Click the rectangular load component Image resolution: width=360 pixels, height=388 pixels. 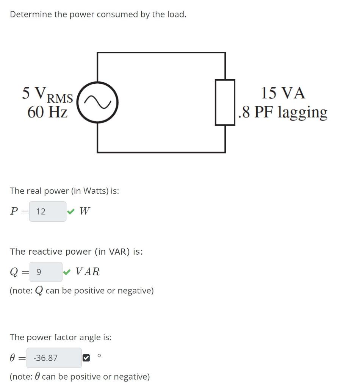pos(225,102)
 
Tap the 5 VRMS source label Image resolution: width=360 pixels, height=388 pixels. pos(47,94)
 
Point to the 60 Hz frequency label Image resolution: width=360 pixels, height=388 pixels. pos(47,112)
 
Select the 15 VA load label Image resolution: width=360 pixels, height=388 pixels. pos(283,93)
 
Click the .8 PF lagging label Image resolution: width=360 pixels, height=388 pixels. pos(283,112)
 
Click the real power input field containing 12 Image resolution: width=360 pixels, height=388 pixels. pos(48,211)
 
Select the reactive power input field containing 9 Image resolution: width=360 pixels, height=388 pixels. pos(45,272)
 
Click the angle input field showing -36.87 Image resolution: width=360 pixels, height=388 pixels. pos(54,358)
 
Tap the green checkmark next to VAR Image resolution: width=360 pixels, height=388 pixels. pos(67,272)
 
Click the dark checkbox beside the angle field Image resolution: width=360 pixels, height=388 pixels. pos(86,358)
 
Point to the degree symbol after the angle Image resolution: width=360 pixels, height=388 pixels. pos(99,355)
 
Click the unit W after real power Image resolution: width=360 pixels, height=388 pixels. pos(85,211)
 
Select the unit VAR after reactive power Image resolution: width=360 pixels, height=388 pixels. pos(88,272)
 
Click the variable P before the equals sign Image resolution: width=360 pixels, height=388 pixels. pos(14,211)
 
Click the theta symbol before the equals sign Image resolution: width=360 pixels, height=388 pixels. pos(13,358)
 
